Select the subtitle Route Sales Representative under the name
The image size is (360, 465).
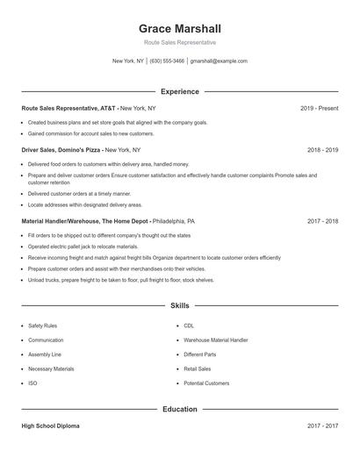(x=179, y=42)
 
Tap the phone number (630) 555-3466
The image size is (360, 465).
(x=167, y=61)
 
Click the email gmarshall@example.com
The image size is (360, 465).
(x=219, y=61)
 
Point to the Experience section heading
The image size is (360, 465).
(x=179, y=91)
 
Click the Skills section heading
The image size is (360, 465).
(x=179, y=306)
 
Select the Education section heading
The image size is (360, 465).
(x=179, y=409)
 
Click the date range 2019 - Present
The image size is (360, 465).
(x=319, y=108)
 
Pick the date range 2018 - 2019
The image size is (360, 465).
(x=322, y=150)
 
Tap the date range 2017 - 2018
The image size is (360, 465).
(x=322, y=221)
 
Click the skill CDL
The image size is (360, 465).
(x=189, y=325)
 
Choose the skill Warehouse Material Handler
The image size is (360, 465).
(x=215, y=340)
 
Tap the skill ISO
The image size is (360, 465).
(x=32, y=383)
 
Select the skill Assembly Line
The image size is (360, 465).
(x=45, y=354)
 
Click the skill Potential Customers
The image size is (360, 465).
(x=206, y=383)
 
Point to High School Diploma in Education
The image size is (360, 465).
(x=50, y=426)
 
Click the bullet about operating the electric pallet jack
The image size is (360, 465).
(x=77, y=247)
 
